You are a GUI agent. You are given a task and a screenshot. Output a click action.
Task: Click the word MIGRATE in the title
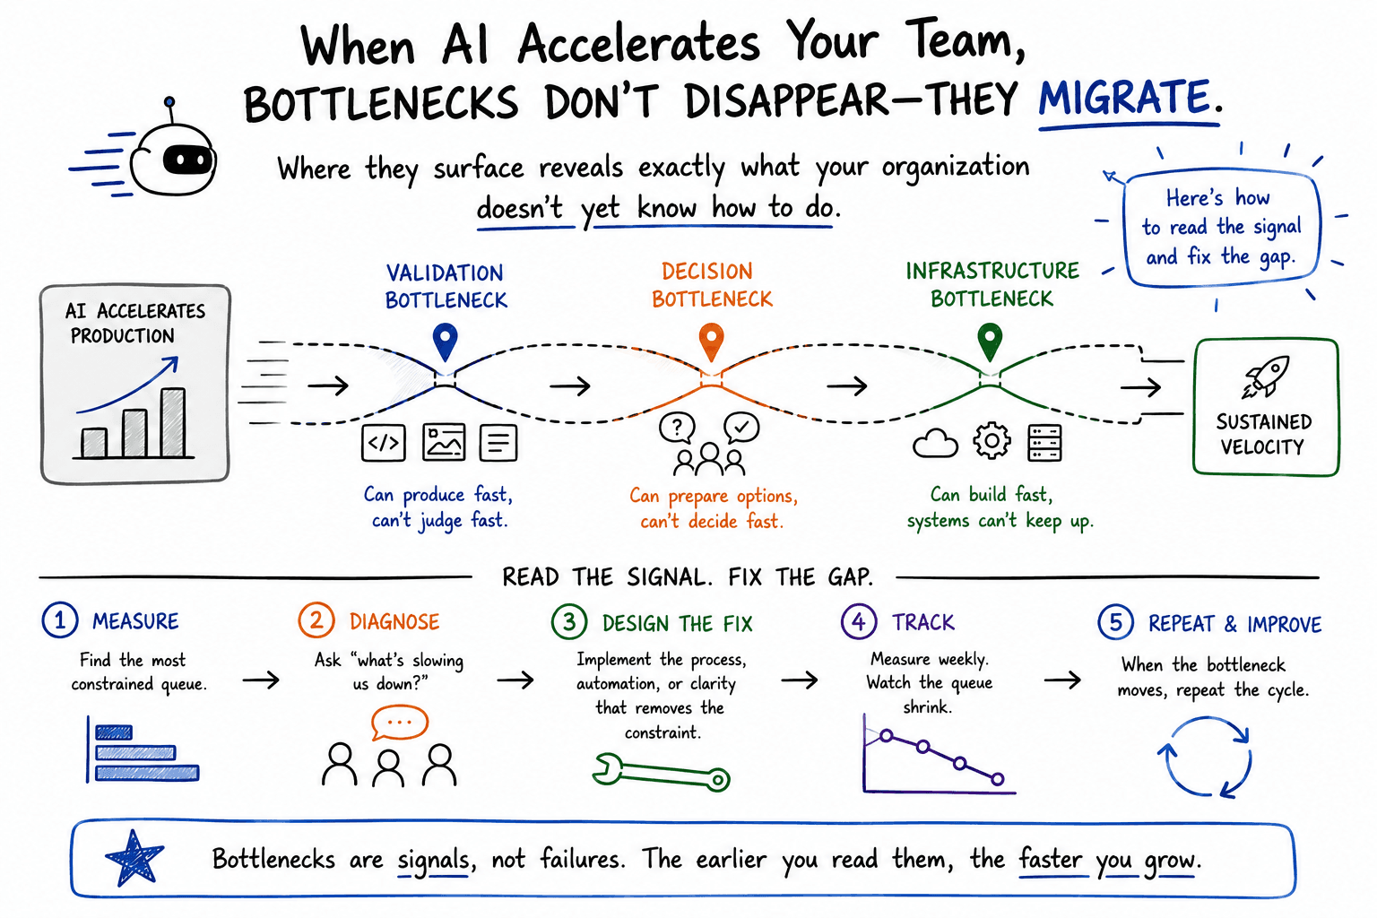[1124, 98]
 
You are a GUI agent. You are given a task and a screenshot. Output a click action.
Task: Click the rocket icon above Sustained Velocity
[1266, 376]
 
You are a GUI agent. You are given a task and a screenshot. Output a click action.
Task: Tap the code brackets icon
[384, 443]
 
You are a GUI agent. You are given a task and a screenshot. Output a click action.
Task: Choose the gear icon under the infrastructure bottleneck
[992, 441]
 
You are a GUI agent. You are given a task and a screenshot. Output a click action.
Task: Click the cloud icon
[935, 444]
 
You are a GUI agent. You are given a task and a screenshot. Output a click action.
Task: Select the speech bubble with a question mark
[677, 428]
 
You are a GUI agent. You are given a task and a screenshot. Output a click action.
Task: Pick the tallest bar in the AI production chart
[173, 422]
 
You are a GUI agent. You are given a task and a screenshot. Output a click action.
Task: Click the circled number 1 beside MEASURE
[60, 619]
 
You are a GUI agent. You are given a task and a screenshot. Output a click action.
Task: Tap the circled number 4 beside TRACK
[858, 621]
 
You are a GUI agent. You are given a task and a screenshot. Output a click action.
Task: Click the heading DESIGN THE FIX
[678, 623]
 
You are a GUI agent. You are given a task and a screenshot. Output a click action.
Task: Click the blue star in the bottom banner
[134, 858]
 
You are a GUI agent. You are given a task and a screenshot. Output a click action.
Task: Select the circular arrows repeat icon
[1205, 758]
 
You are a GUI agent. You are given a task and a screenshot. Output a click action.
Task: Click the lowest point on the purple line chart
[998, 780]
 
